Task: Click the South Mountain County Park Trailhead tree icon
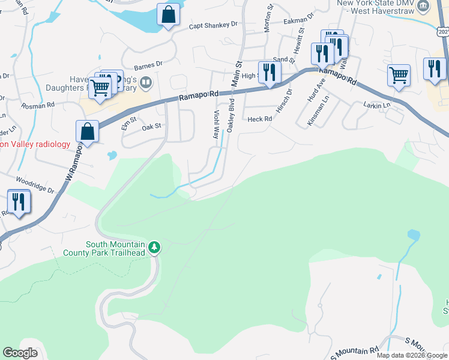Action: tap(154, 247)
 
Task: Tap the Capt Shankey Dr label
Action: tap(213, 25)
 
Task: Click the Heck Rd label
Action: tap(260, 119)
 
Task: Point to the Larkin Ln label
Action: tap(376, 105)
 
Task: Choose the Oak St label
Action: tap(152, 126)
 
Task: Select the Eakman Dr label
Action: tap(298, 20)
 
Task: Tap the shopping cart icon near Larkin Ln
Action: tap(399, 76)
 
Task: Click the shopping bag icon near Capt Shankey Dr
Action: tap(169, 14)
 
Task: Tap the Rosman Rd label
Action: tap(38, 105)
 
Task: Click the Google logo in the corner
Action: tap(20, 353)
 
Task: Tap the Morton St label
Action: tap(270, 13)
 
